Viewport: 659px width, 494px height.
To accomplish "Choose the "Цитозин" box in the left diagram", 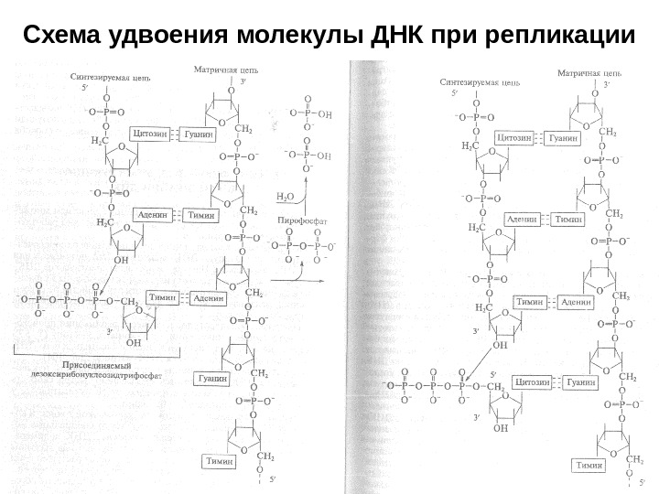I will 150,133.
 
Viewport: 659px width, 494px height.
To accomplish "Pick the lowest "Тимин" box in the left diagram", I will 221,461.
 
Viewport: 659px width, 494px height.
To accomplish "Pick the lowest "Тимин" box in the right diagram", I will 589,465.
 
